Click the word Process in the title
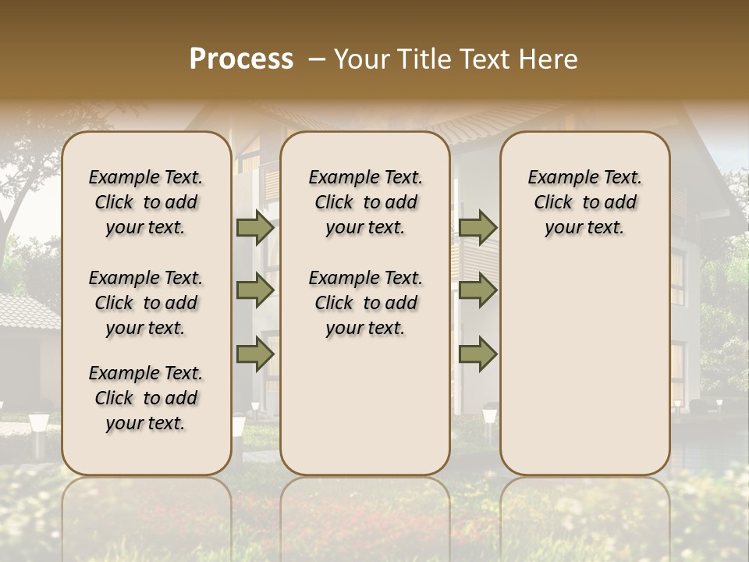pyautogui.click(x=241, y=59)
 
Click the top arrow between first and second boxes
pyautogui.click(x=255, y=227)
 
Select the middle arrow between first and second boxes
pyautogui.click(x=255, y=290)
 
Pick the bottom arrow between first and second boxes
pyautogui.click(x=255, y=354)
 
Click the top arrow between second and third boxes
pyautogui.click(x=477, y=227)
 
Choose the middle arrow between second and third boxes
pyautogui.click(x=477, y=290)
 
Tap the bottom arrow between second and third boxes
pyautogui.click(x=477, y=354)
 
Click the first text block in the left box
pyautogui.click(x=146, y=202)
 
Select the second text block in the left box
pyautogui.click(x=146, y=303)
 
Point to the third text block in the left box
pyautogui.click(x=146, y=398)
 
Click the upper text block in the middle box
pyautogui.click(x=365, y=202)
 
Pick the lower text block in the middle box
pyautogui.click(x=365, y=303)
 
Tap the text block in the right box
pyautogui.click(x=584, y=202)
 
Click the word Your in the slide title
pyautogui.click(x=361, y=59)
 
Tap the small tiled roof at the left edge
pyautogui.click(x=27, y=312)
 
